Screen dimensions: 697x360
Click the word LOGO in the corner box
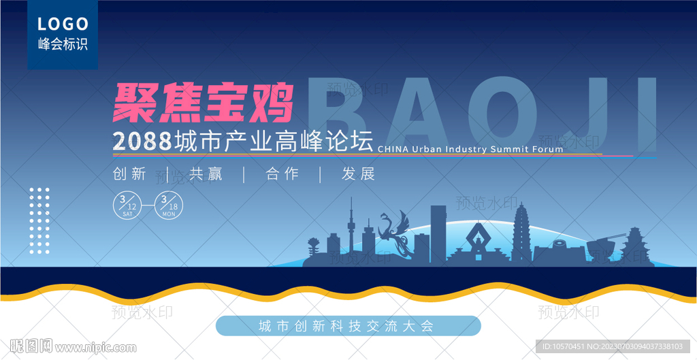pyautogui.click(x=63, y=24)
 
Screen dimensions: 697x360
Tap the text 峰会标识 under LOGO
pyautogui.click(x=63, y=44)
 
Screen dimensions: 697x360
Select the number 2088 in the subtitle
pyautogui.click(x=142, y=141)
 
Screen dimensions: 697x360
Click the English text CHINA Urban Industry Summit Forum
pyautogui.click(x=470, y=149)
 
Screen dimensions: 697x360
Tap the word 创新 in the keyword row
pyautogui.click(x=130, y=174)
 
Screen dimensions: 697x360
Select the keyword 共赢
pyautogui.click(x=206, y=174)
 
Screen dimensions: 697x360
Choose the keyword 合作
pyautogui.click(x=282, y=174)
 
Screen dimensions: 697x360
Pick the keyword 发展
pyautogui.click(x=358, y=174)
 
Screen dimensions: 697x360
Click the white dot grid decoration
pyautogui.click(x=39, y=221)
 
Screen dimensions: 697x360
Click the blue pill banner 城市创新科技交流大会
pyautogui.click(x=348, y=326)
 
